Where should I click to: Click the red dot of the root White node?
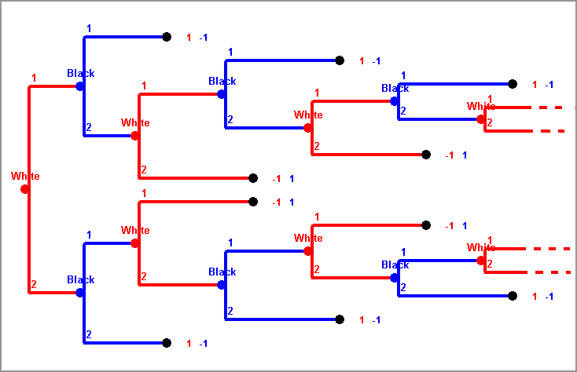pyautogui.click(x=25, y=189)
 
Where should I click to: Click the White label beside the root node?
pyautogui.click(x=25, y=176)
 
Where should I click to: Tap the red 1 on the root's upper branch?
pyautogui.click(x=34, y=78)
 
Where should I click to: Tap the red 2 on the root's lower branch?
pyautogui.click(x=34, y=284)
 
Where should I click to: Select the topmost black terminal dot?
pyautogui.click(x=167, y=37)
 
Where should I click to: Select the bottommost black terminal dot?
pyautogui.click(x=167, y=343)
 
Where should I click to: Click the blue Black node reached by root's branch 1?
pyautogui.click(x=80, y=86)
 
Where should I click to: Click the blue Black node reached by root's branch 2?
pyautogui.click(x=80, y=293)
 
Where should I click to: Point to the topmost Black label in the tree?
pyautogui.click(x=80, y=73)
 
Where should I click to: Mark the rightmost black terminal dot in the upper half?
pyautogui.click(x=513, y=84)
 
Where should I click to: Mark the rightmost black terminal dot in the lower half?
pyautogui.click(x=513, y=296)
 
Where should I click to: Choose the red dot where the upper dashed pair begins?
pyautogui.click(x=481, y=119)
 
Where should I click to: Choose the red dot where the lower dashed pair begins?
pyautogui.click(x=481, y=261)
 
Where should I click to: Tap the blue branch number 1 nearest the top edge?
pyautogui.click(x=89, y=29)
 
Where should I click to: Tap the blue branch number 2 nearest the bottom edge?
pyautogui.click(x=89, y=335)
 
